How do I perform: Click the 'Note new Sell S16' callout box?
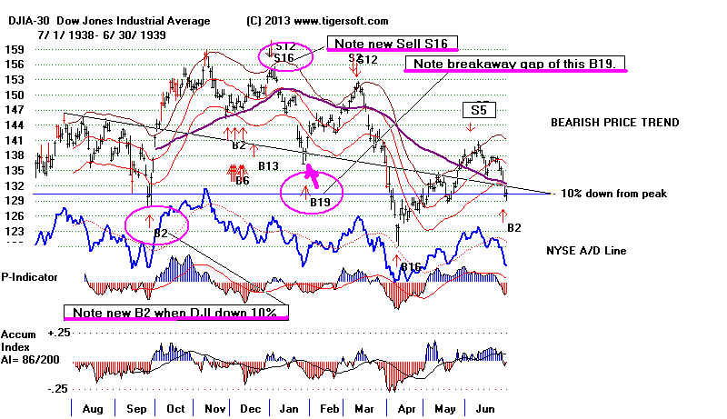[x=395, y=44]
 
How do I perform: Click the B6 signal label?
[x=240, y=181]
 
